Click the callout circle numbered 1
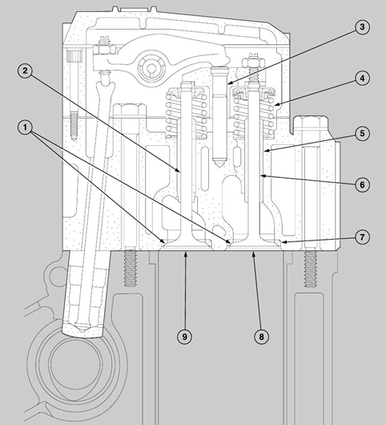[x=25, y=127]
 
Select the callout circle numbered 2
[x=25, y=71]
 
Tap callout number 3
[x=362, y=26]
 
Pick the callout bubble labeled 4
[x=362, y=79]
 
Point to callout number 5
[x=362, y=134]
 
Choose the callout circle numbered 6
[x=362, y=185]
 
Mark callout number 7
[x=362, y=237]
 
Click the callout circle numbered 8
[x=261, y=337]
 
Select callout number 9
[x=184, y=337]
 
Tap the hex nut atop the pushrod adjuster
[x=103, y=49]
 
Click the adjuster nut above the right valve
[x=252, y=63]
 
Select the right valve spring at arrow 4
[x=255, y=114]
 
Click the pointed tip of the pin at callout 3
[x=219, y=166]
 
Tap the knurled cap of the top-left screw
[x=74, y=56]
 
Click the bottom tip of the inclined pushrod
[x=82, y=330]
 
